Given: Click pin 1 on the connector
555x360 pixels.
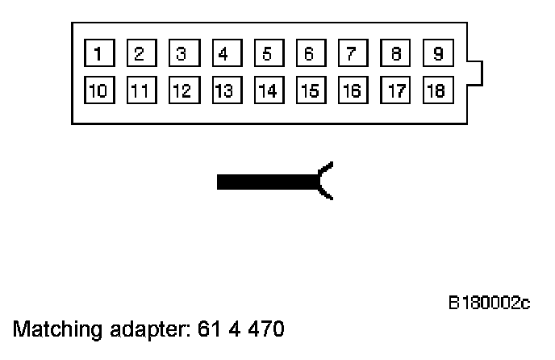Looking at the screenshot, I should [x=98, y=55].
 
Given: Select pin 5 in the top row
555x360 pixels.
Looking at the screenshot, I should [x=266, y=55].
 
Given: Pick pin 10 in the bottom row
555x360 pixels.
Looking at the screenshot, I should [x=98, y=90].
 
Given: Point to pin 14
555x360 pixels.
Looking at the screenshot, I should [x=266, y=90].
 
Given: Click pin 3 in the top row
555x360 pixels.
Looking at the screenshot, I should [x=182, y=55].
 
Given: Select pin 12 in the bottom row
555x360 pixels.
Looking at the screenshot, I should [x=182, y=90].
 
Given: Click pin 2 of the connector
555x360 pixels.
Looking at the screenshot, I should [x=140, y=55].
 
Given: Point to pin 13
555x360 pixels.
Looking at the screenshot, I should [x=223, y=90].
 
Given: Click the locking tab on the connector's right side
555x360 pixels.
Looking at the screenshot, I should [x=476, y=73].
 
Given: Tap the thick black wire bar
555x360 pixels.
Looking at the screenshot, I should [x=266, y=182].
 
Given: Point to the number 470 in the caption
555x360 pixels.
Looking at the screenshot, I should [x=265, y=330].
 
